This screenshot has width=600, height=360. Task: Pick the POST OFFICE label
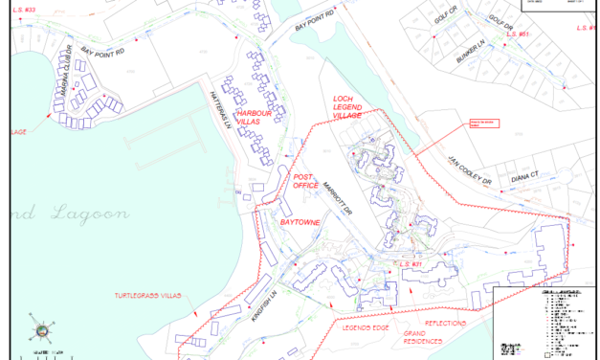tap(304, 182)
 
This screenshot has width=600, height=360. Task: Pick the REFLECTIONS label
tap(446, 324)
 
